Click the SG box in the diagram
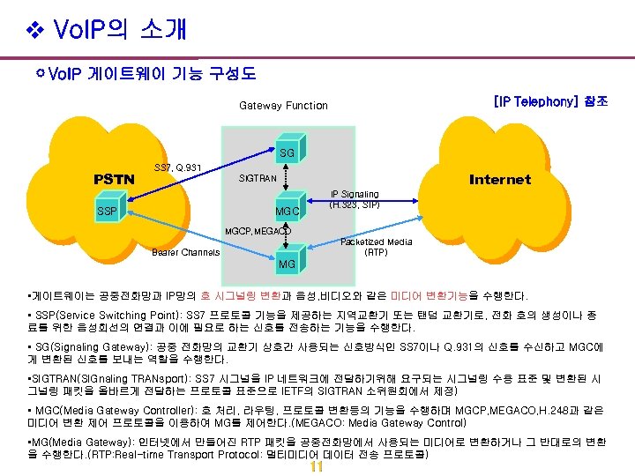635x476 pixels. pos(287,153)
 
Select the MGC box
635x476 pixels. pos(287,212)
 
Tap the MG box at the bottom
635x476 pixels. pos(287,264)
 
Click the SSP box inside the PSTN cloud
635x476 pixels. pos(107,212)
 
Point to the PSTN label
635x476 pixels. pos(114,180)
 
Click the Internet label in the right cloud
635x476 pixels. pos(500,180)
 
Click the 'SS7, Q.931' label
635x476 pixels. pos(177,167)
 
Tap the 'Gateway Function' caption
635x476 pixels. pos(283,106)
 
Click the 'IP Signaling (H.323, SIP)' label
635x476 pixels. pos(354,199)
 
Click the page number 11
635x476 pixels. pos(317,467)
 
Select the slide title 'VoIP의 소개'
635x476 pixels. pos(120,30)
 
